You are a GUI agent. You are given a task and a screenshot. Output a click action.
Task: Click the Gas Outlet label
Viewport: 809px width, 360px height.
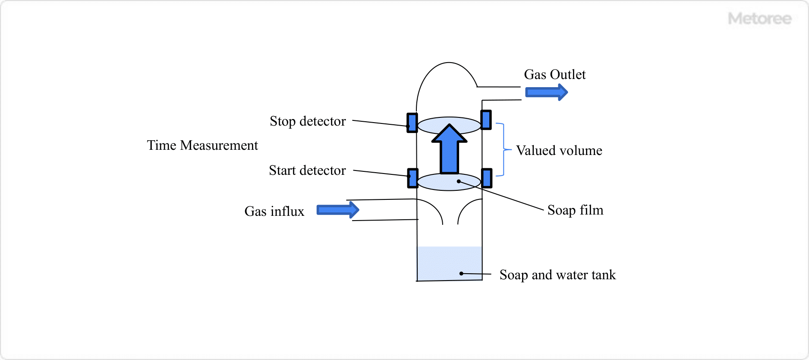tap(554, 75)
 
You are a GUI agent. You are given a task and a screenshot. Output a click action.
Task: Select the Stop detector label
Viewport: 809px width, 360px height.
tap(308, 121)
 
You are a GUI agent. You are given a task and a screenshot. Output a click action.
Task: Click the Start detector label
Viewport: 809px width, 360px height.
tap(307, 171)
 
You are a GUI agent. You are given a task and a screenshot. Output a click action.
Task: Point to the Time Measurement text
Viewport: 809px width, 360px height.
tap(202, 145)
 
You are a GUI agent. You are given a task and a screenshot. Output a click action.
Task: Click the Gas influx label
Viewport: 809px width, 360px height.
tap(274, 212)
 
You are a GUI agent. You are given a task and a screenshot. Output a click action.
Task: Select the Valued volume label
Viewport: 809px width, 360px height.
tap(559, 151)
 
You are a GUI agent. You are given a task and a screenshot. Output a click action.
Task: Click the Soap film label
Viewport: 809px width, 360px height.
tap(575, 210)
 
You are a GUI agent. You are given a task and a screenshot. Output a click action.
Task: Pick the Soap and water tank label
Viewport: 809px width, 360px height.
tap(557, 275)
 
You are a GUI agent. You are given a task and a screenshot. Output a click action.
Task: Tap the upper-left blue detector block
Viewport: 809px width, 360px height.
tap(412, 123)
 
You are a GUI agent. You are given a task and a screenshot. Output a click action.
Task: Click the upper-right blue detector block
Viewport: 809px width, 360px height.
tap(486, 120)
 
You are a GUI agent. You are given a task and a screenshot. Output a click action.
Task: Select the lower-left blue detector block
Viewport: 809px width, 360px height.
tap(412, 178)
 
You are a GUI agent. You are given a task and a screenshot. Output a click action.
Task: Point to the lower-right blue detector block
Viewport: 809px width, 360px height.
tap(487, 178)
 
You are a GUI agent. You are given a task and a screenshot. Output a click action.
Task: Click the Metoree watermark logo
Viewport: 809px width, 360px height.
tap(759, 19)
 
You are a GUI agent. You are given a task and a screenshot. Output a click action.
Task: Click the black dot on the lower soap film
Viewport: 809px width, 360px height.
tap(459, 181)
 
